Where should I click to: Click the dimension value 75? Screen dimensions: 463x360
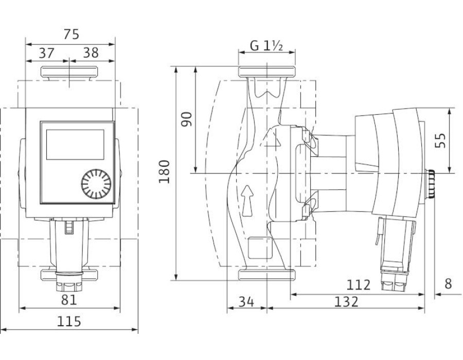[x=72, y=34]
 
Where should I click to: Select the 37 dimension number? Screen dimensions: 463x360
[x=47, y=53]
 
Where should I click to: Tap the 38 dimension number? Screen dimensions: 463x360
[x=91, y=53]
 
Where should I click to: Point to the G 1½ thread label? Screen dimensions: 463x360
[x=266, y=46]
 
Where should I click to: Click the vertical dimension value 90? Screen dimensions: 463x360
[x=187, y=119]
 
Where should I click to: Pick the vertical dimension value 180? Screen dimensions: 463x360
[x=165, y=172]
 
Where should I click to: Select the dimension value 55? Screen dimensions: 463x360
[x=440, y=141]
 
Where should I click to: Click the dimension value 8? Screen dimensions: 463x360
[x=448, y=284]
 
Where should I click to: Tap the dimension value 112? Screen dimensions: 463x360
[x=358, y=285]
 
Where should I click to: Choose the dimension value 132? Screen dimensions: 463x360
[x=346, y=301]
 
